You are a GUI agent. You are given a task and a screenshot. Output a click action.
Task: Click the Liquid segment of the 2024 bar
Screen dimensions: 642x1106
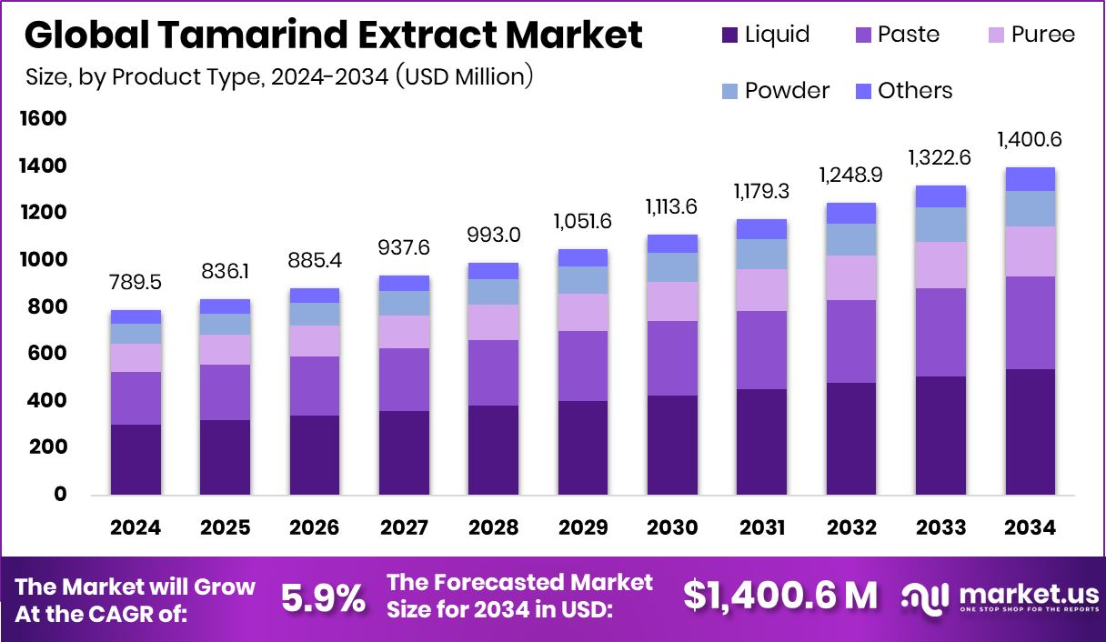[136, 459]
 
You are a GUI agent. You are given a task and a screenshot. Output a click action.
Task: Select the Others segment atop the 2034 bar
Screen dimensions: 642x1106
[1030, 179]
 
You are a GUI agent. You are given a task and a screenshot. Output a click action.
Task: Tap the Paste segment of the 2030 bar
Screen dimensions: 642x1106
[672, 358]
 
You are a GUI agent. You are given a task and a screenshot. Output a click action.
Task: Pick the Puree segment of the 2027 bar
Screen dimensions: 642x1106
[404, 332]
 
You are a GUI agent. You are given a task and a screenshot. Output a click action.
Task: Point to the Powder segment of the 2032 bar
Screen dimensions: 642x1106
[851, 239]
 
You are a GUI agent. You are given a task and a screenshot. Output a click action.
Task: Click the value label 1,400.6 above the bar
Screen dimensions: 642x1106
[1030, 140]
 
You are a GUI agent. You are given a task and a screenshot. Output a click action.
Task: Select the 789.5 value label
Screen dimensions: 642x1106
[136, 283]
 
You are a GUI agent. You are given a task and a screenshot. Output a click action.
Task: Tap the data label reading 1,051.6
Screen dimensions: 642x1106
[583, 222]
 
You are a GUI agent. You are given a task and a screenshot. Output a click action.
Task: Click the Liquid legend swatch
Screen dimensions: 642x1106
[729, 35]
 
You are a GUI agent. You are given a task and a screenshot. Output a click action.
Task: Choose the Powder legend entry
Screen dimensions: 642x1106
[775, 91]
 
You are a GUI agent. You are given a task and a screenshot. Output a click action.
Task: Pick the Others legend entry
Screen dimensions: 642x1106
[903, 91]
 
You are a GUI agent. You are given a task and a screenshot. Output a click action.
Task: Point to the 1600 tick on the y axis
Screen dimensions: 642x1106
[45, 119]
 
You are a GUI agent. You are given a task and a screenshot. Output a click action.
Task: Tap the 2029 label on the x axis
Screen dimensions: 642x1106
[583, 528]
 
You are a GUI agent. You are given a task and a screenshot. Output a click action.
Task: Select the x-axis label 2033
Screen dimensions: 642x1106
[940, 528]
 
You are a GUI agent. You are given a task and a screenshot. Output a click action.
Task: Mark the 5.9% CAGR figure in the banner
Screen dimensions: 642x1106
[323, 597]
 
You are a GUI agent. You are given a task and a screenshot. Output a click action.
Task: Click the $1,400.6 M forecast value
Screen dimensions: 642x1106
[780, 596]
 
